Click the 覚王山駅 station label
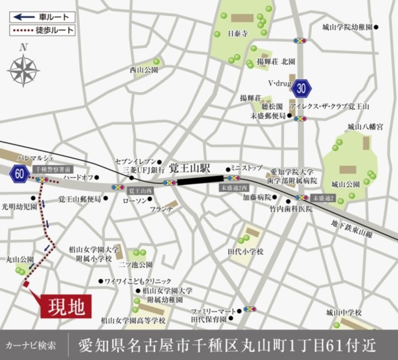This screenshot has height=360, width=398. coord(191,169)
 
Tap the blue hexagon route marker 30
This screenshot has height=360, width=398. coord(302,88)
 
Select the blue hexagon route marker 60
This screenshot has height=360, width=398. coord(19,173)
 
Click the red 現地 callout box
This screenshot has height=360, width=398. coord(66,306)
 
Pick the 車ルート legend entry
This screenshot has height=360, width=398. coord(42,17)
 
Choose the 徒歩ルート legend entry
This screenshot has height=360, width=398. coord(42,30)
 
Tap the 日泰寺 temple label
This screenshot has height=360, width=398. coord(237,33)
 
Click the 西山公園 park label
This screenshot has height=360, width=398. coord(141,70)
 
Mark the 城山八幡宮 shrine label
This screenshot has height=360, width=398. coord(365,127)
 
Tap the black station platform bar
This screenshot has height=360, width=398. coord(200,180)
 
